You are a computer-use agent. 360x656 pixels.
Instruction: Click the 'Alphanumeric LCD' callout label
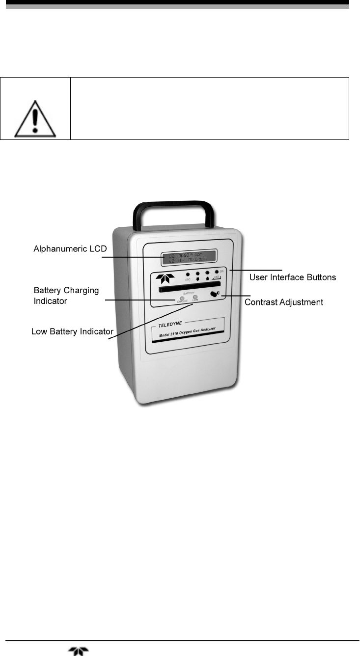pos(69,249)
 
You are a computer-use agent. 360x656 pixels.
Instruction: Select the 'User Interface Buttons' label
pos(293,277)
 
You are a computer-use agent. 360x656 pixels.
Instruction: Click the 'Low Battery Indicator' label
pos(72,332)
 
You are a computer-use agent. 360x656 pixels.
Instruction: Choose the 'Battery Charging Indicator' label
pos(66,295)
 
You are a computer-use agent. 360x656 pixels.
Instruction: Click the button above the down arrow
pos(197,273)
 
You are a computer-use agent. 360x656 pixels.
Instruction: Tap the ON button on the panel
pos(216,272)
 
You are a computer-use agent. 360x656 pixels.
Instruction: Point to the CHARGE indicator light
pos(182,298)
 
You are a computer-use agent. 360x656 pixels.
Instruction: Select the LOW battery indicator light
pos(195,298)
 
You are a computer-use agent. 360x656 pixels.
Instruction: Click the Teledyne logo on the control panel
pos(163,278)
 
